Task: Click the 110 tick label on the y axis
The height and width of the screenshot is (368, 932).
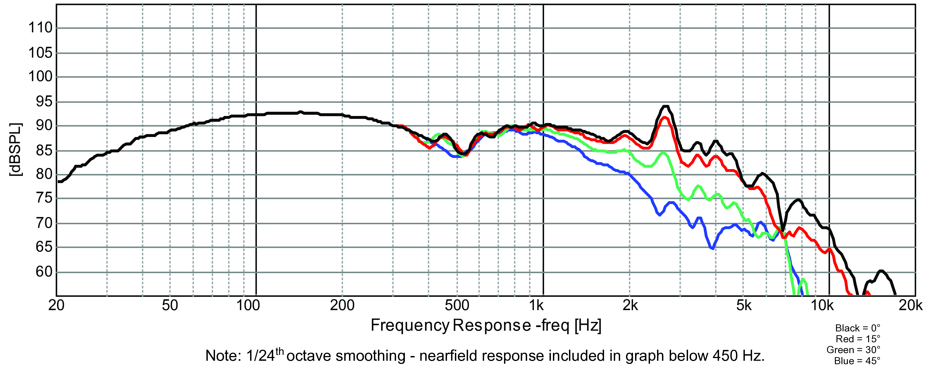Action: (x=41, y=28)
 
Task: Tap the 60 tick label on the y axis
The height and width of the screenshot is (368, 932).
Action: (x=44, y=272)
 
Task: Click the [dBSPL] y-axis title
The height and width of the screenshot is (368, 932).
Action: (x=16, y=150)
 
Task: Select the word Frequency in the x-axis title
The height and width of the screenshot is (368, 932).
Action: (x=410, y=326)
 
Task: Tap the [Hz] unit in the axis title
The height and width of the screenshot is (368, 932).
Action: (x=588, y=326)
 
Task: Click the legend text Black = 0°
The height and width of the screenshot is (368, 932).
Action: (x=858, y=328)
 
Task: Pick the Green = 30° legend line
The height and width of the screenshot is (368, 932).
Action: (x=853, y=350)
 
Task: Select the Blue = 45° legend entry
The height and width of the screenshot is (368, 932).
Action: (x=857, y=361)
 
